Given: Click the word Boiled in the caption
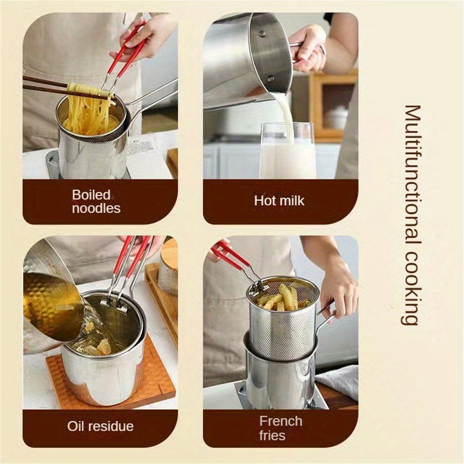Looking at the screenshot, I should (91, 195).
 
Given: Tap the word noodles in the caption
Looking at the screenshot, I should (96, 208).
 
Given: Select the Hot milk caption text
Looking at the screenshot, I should (279, 201).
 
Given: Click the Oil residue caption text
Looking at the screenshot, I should (100, 426).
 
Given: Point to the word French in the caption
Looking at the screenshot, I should (281, 421).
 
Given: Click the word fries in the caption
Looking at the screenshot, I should (273, 436).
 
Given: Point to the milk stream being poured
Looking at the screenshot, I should (284, 114).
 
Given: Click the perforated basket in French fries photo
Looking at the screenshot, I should (283, 325).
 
